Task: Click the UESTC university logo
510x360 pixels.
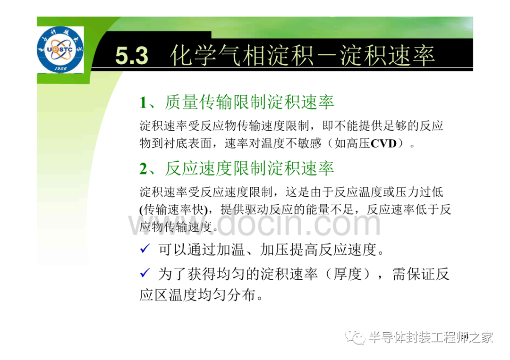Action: (60, 50)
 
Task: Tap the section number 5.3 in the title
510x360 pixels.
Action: (132, 56)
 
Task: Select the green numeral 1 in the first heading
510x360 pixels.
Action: (143, 103)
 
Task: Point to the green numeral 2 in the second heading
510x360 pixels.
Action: (143, 169)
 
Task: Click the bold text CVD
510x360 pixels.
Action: (383, 143)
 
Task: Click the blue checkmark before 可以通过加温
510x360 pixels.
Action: (145, 249)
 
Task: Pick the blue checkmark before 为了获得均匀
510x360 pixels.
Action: (145, 273)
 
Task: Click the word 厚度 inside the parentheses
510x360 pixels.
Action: (348, 274)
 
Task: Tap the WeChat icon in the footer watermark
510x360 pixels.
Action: (356, 337)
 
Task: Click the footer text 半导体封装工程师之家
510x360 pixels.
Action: (431, 337)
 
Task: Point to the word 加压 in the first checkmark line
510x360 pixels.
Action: (274, 250)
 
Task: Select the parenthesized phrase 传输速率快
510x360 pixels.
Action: (174, 209)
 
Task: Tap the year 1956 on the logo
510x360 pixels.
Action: (60, 68)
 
